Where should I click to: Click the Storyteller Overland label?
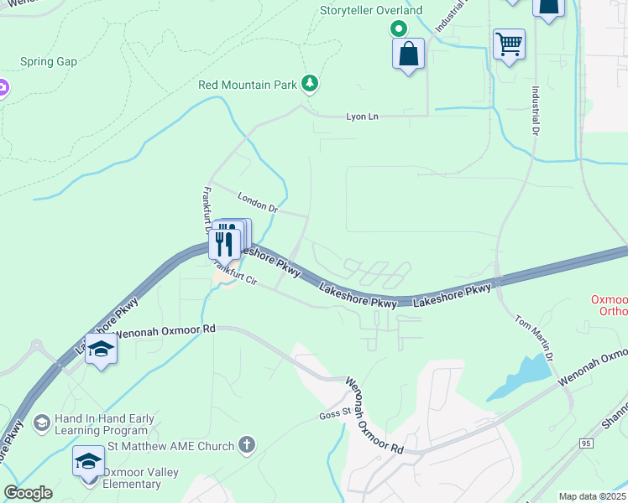click(x=371, y=11)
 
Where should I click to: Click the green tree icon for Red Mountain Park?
click(x=311, y=82)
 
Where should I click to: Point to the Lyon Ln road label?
click(x=363, y=117)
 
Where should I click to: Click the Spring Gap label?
click(x=50, y=63)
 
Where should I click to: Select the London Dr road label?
click(x=257, y=202)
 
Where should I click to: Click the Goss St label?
click(x=333, y=415)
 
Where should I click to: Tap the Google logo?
click(x=28, y=493)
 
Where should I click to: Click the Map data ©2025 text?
click(x=592, y=496)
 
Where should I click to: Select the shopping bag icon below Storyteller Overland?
click(x=408, y=54)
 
